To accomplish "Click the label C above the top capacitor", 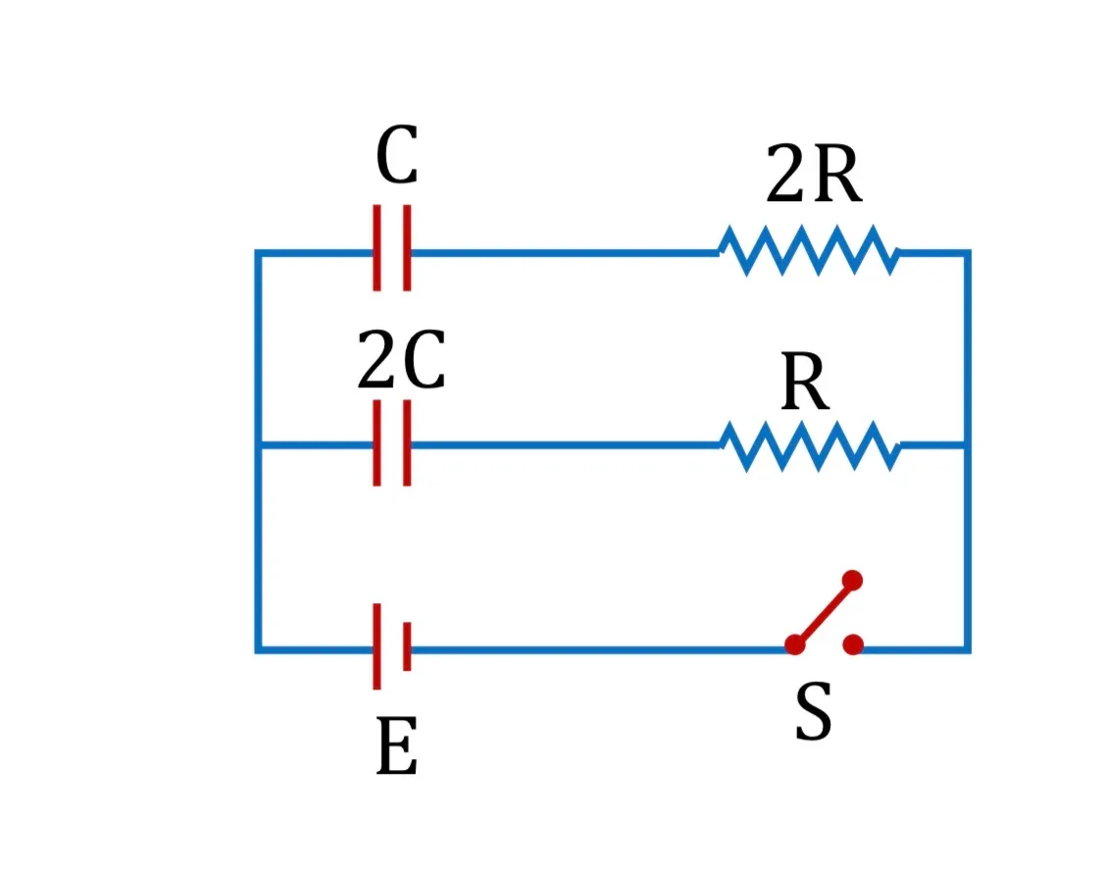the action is tap(397, 155).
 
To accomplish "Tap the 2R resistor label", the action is tap(814, 174).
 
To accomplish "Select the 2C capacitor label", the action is tap(401, 359).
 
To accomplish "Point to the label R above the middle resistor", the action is tap(806, 382).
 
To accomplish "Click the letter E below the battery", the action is tap(397, 745).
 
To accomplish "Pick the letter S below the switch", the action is tap(813, 711).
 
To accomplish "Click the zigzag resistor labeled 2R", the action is tap(809, 251).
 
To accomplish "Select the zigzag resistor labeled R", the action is tap(809, 446).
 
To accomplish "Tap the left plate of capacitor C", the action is tap(377, 248).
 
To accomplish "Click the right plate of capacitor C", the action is tap(407, 248).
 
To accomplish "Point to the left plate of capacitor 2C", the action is tap(377, 443).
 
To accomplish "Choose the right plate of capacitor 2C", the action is tap(407, 443).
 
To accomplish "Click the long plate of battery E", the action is tap(377, 646).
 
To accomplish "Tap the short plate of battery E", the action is tap(407, 646).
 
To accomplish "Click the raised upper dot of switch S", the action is tap(852, 581).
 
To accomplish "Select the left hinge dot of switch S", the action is tap(795, 644).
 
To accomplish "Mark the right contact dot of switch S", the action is tap(853, 644).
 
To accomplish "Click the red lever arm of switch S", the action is tap(824, 612).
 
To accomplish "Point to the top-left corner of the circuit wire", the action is tap(259, 253).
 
